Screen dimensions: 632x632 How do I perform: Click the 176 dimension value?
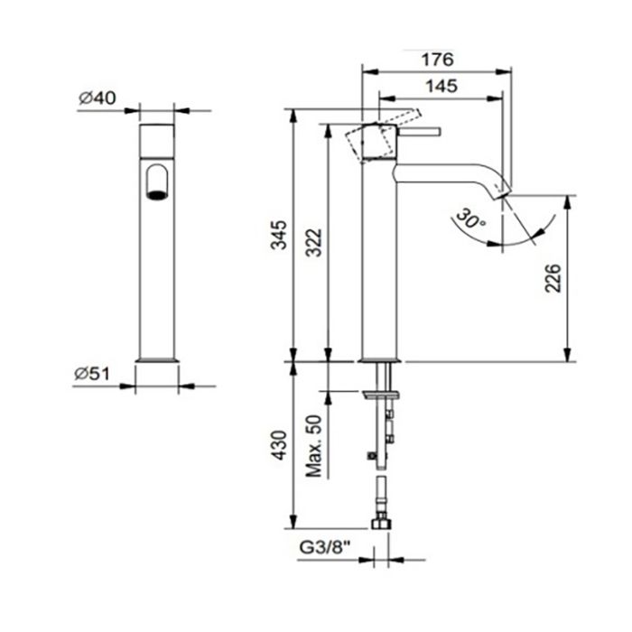437,60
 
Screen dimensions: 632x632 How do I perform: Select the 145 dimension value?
441,87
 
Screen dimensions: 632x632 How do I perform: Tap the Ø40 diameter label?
98,98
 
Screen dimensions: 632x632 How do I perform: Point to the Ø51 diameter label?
92,374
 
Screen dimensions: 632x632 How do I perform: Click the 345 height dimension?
278,235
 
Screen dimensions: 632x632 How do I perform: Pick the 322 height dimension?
313,243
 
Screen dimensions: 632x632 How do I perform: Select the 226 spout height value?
553,278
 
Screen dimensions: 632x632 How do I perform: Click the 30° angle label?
470,219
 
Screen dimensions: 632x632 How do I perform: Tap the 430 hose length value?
278,445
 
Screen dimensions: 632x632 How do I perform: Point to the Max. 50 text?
314,446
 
